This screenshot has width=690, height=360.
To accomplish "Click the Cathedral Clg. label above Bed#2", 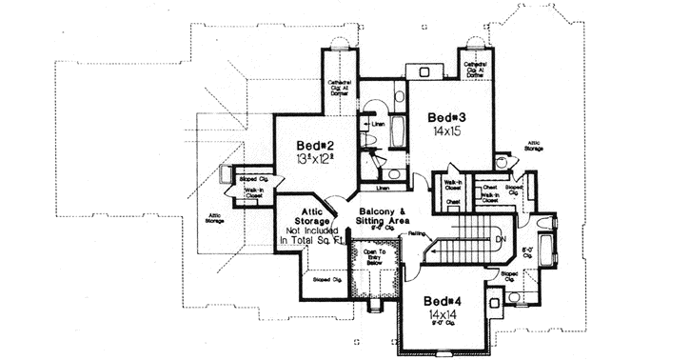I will coord(341,87).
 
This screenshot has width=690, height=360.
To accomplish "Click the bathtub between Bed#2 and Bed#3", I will coord(399,128).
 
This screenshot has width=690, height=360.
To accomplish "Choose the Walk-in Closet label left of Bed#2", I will coord(253,193).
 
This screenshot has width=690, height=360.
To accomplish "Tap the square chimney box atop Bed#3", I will coord(420,71).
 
